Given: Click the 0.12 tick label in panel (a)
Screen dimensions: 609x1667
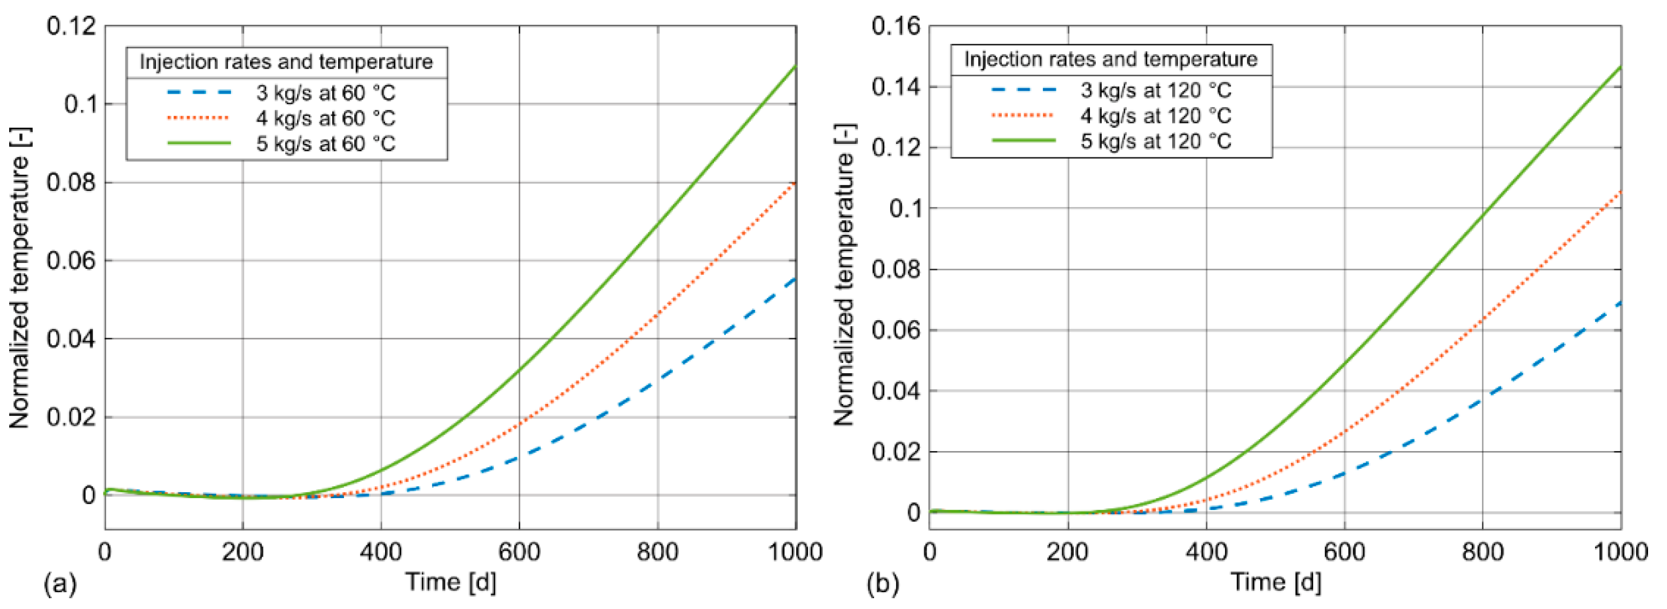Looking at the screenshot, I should coord(71,27).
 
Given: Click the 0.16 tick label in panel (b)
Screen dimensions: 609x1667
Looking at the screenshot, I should coord(896,27).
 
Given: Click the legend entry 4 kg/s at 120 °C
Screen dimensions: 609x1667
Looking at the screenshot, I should coord(1155,116).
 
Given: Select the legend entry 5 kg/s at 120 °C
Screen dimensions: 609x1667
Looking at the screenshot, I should coord(1155,141).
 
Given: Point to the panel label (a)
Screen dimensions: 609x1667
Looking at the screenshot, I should coord(59,584).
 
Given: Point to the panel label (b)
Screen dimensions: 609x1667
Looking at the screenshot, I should coord(883,584).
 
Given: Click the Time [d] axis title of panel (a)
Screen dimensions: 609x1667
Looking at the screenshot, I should coord(451,582).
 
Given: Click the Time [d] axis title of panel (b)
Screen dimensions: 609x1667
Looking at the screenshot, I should coord(1275,582).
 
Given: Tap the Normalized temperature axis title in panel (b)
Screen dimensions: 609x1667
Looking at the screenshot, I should coord(844,275).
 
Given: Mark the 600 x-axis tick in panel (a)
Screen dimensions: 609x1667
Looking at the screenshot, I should coord(519,552).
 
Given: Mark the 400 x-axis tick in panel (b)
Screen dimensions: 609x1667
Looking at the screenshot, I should coord(1206,552).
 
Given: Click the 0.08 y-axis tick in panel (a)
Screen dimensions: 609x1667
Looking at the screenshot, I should coord(71,182).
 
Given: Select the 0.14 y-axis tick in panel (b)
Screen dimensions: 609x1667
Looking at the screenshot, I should coord(896,87).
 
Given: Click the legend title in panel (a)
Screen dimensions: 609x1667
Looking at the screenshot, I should coord(286,62).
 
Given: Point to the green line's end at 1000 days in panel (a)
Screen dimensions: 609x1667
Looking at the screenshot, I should coord(795,66).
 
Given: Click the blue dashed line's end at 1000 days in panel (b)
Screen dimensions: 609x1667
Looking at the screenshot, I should coord(1620,303).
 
